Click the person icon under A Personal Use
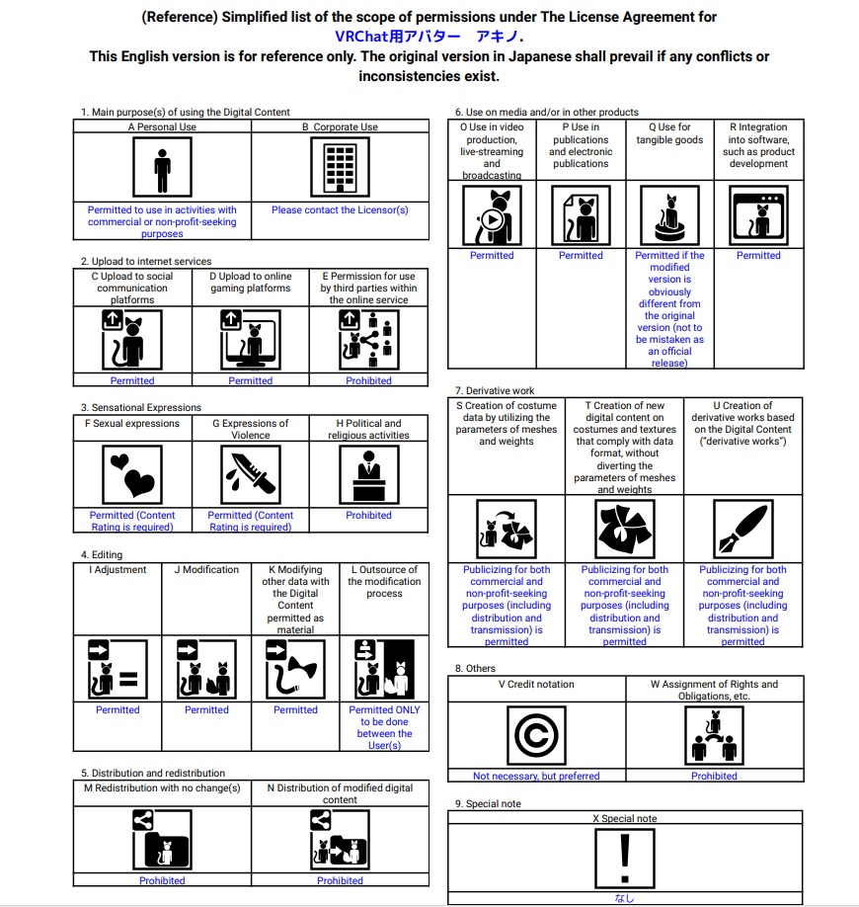point(162,168)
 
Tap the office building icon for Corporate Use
point(340,168)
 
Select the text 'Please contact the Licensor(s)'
point(340,210)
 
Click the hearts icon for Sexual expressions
point(132,474)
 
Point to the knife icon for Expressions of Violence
point(250,474)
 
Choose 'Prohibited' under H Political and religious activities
point(368,516)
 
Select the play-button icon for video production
point(492,215)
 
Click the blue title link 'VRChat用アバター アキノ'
point(429,37)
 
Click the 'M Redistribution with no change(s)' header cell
point(162,788)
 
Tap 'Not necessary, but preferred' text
point(536,777)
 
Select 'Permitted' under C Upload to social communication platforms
point(132,381)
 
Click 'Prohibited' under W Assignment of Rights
point(714,777)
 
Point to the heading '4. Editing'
point(102,555)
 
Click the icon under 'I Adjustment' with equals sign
point(117,669)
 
